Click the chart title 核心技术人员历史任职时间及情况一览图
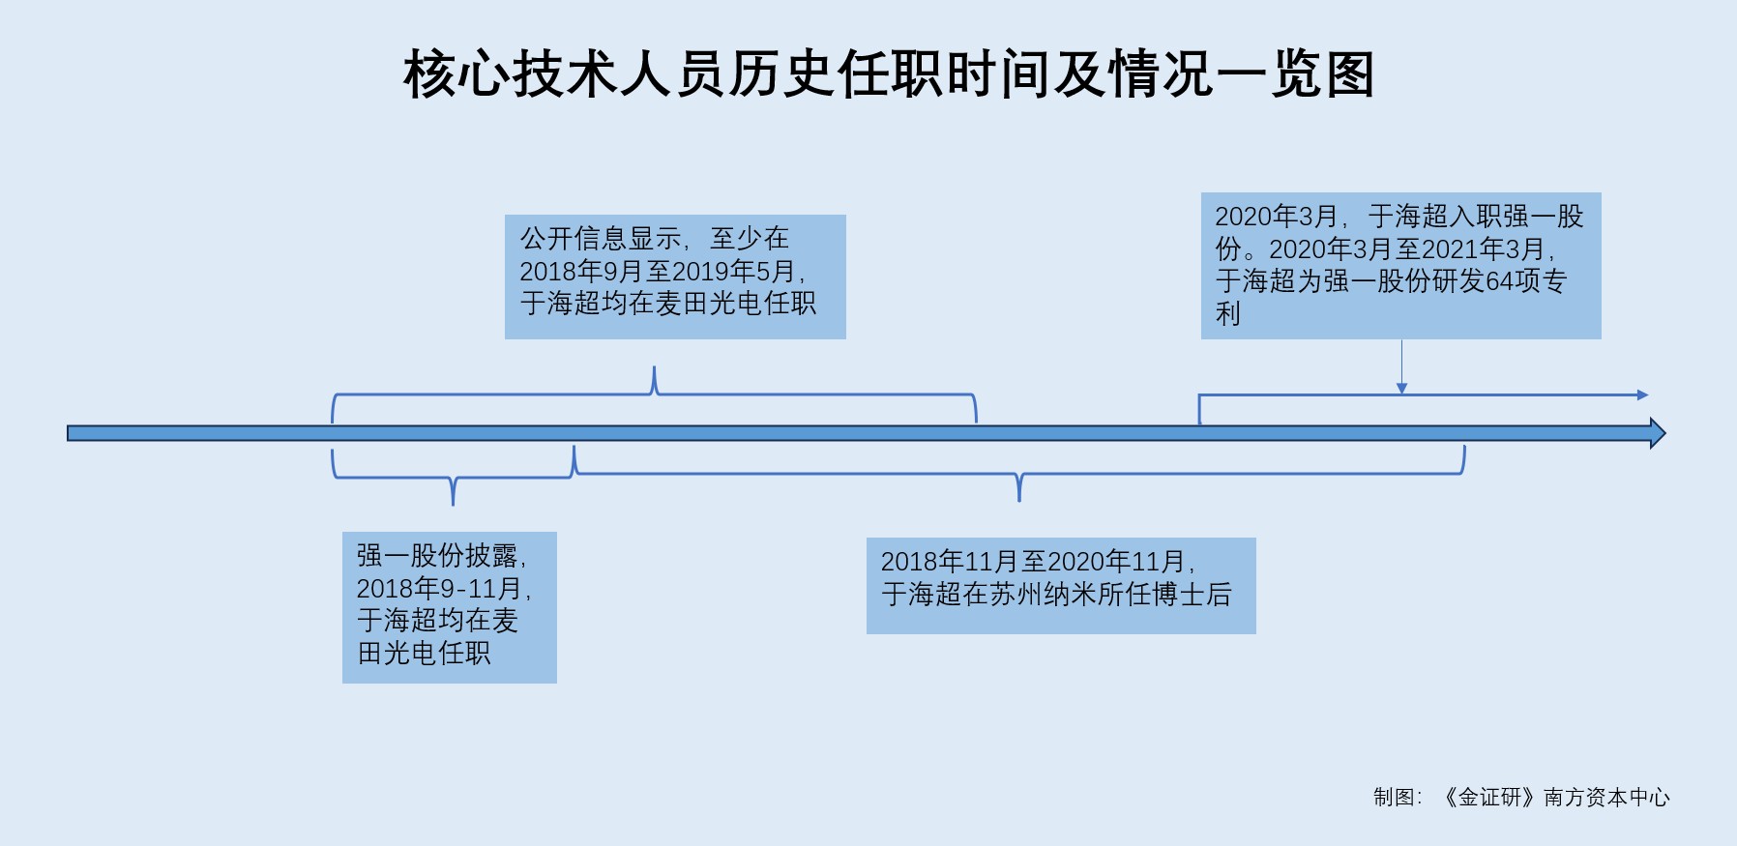888,74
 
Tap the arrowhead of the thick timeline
1657,433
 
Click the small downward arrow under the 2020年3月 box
1401,388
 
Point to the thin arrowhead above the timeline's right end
1642,394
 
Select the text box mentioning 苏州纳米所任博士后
1060,585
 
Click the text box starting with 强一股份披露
449,606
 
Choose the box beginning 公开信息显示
674,277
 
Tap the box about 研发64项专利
1399,265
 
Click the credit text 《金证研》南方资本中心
1554,797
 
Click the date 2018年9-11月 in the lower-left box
440,588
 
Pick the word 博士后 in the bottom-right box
1204,594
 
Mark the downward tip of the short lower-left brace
453,502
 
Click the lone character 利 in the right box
1227,313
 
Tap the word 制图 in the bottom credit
1394,797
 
